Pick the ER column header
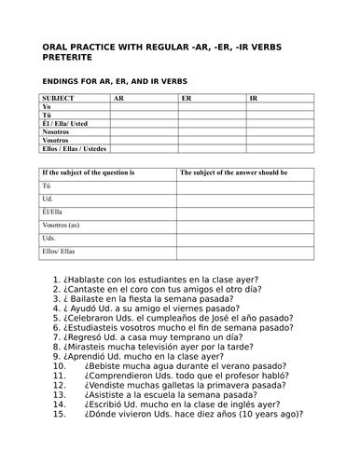tap(187, 98)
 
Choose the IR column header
tap(255, 98)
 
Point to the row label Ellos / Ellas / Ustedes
tap(75, 148)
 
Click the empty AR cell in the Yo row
tap(144, 106)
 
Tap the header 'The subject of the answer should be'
tap(233, 172)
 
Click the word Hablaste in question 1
tap(87, 279)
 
